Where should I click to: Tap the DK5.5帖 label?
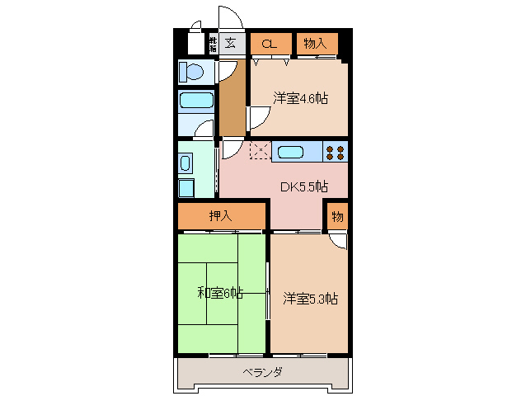click(x=303, y=186)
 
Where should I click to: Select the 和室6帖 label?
click(x=220, y=293)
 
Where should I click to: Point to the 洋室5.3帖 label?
click(x=310, y=298)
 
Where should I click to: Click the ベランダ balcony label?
click(x=263, y=373)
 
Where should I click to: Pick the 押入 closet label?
click(x=220, y=216)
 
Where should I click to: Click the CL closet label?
click(x=270, y=44)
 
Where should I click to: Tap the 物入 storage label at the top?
click(x=316, y=43)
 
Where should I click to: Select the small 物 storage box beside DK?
click(x=336, y=216)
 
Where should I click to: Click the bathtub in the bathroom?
click(x=196, y=102)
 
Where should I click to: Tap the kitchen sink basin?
click(x=291, y=152)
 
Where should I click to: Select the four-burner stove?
click(x=334, y=152)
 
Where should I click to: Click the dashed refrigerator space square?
click(x=260, y=151)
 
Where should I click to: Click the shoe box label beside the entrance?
click(x=212, y=44)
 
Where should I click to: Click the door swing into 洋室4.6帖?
click(x=258, y=120)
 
